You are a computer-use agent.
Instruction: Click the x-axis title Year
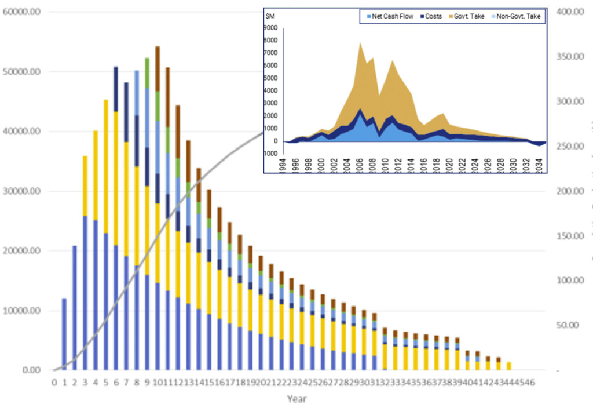point(296,398)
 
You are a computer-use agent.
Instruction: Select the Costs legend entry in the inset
point(433,16)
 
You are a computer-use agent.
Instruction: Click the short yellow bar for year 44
point(509,366)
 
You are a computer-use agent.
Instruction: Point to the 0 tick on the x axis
point(54,382)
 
